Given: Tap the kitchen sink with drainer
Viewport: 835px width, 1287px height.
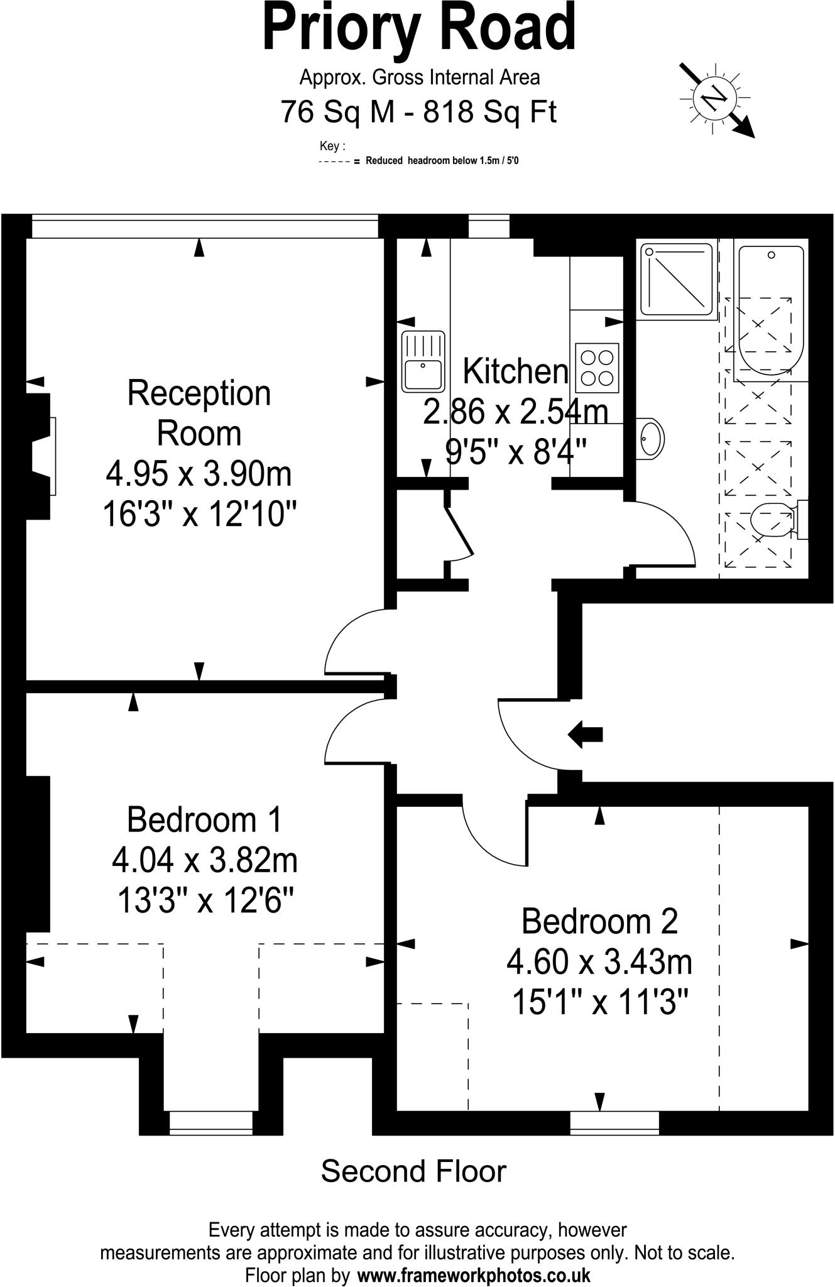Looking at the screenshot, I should point(423,361).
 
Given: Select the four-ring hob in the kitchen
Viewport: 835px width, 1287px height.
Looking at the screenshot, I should point(597,368).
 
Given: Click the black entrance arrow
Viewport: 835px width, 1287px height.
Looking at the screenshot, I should point(585,734).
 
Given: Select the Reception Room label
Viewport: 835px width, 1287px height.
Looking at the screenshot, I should point(199,413).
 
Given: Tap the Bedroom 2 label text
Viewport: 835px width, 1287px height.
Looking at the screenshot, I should point(599,921).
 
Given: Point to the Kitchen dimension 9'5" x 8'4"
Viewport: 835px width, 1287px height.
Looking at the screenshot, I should point(516,451).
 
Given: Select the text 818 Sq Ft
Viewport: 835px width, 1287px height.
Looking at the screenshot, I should point(490,112).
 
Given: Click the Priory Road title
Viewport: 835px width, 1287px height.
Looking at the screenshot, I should point(418,28).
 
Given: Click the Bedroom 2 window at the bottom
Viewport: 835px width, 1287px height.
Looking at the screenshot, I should point(614,1122).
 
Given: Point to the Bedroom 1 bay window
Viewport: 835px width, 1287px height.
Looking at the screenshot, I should point(211,1122).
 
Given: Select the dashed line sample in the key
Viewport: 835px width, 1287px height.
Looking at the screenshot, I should point(334,161).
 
